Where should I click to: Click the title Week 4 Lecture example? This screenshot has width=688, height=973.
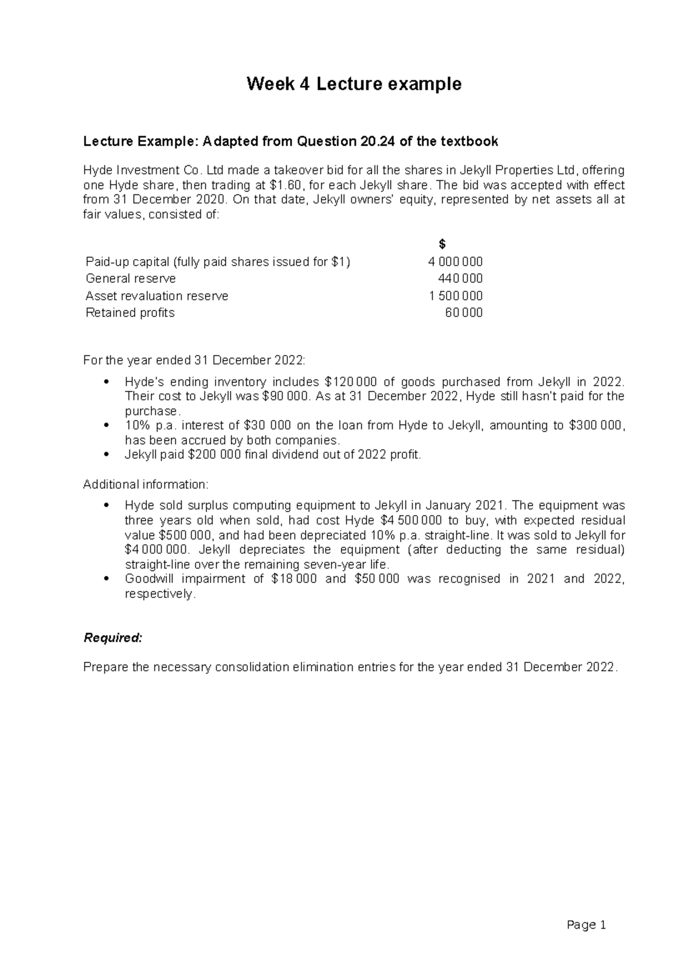coord(354,84)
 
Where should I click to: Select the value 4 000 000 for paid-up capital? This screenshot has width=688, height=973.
coord(455,262)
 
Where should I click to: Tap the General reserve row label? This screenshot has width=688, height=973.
coord(131,279)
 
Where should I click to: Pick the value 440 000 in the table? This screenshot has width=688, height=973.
coord(460,279)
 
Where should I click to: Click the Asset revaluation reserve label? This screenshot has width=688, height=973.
coord(157,296)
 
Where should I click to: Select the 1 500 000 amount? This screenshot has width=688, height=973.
coord(456,296)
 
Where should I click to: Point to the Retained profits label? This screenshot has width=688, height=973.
coord(130,313)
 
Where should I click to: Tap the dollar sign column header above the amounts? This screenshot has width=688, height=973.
coord(441,245)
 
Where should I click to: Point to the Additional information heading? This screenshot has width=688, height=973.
coord(146,484)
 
